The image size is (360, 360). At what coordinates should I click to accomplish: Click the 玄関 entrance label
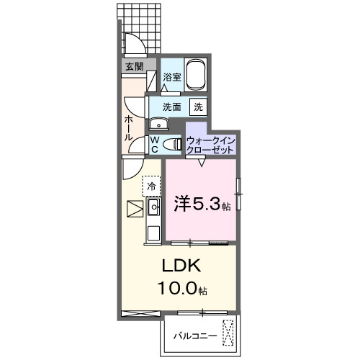click(134, 66)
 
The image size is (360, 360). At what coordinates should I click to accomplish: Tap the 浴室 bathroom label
click(171, 76)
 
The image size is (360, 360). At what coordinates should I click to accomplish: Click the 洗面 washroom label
click(171, 107)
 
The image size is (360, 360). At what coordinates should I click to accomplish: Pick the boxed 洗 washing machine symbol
click(197, 107)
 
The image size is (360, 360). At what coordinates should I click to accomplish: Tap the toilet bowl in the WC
click(171, 144)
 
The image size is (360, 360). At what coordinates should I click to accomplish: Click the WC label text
click(154, 145)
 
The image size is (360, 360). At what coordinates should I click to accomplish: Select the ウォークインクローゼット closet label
click(210, 144)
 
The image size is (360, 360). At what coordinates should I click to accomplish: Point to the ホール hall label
click(128, 127)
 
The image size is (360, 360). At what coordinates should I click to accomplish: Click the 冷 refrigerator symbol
click(151, 186)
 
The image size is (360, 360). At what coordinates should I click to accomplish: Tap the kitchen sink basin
click(153, 209)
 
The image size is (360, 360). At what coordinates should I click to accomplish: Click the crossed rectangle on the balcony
click(229, 333)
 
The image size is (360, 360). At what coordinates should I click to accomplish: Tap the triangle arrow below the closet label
click(202, 162)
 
